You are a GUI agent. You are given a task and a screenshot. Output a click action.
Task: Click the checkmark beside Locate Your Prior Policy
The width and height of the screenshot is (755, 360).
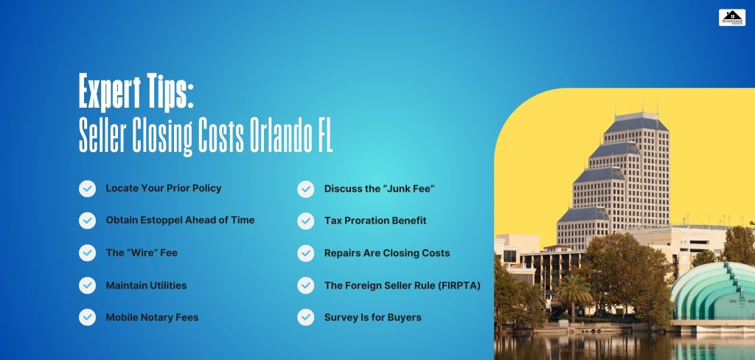(x=87, y=189)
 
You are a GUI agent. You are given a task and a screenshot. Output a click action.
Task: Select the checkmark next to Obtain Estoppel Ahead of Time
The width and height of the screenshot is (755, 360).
(x=87, y=221)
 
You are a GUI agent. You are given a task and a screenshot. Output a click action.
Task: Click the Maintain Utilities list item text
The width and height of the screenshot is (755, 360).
(x=146, y=285)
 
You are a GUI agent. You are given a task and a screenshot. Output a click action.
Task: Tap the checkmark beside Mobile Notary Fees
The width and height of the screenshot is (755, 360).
(x=87, y=317)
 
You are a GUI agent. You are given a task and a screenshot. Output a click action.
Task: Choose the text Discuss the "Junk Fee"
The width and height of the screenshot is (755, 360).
(x=379, y=189)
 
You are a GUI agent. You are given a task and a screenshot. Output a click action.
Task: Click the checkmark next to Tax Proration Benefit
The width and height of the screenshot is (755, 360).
(x=305, y=221)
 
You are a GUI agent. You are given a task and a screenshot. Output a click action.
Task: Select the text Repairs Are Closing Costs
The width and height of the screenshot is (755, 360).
(x=386, y=252)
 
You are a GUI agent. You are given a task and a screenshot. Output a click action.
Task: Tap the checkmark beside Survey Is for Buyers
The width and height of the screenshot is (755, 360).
(x=305, y=317)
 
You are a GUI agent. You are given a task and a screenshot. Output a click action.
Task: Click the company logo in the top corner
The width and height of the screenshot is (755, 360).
(x=731, y=17)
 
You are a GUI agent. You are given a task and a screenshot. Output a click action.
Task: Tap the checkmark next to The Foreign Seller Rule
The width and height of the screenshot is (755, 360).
(x=305, y=285)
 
